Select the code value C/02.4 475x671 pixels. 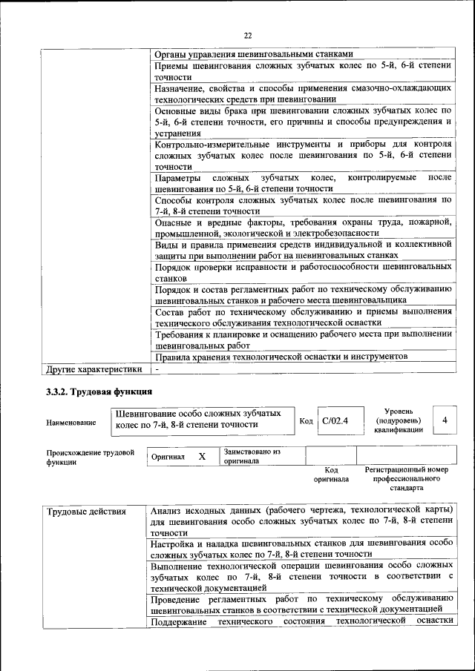click(335, 420)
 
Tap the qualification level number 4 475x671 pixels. click(444, 420)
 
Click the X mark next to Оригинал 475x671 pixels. click(201, 456)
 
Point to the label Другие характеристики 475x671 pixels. click(94, 368)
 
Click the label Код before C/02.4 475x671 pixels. click(306, 421)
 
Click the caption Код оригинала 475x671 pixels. click(331, 475)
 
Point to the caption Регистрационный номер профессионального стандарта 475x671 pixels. click(406, 479)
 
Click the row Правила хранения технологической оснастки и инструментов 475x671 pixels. click(281, 357)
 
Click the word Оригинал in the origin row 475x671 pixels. click(168, 457)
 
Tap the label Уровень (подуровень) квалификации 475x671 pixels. click(399, 420)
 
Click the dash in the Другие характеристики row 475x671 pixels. click(157, 368)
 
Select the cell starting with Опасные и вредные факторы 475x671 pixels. click(303, 228)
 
